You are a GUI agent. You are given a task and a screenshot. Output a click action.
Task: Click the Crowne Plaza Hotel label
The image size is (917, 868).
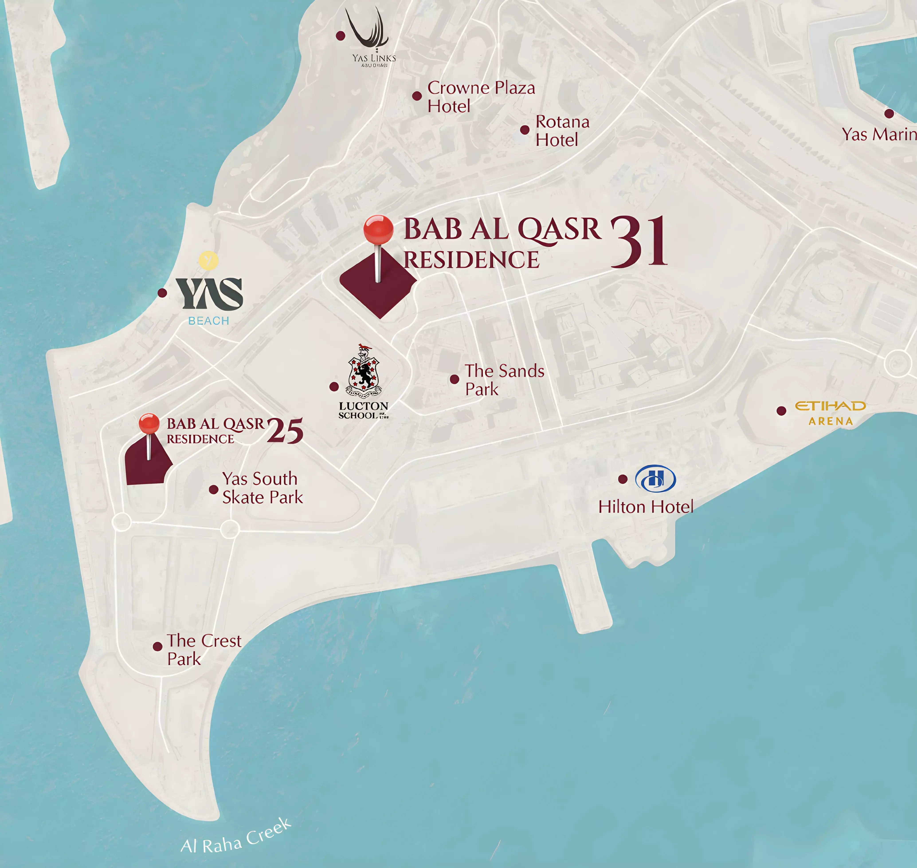coord(481,97)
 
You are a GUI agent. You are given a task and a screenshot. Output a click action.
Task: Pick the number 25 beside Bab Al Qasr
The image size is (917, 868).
coord(285,431)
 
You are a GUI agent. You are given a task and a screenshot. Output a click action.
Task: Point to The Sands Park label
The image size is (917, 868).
coord(504,380)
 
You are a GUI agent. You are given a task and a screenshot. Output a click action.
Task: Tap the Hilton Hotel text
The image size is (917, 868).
coord(646,507)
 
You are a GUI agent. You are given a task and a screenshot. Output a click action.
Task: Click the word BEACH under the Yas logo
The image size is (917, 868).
coord(209,321)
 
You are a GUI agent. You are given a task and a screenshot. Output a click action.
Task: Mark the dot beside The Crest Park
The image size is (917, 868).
coord(157,646)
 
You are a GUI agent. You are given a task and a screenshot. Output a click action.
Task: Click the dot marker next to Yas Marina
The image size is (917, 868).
coord(889,113)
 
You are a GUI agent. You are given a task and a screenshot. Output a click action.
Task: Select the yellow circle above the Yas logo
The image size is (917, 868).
coord(209,260)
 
